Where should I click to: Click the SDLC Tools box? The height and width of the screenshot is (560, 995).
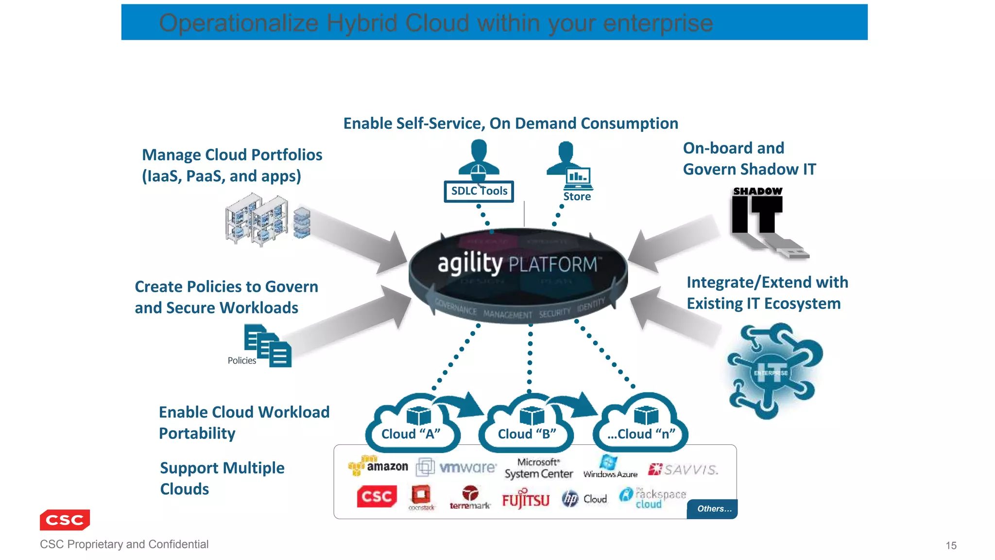click(479, 191)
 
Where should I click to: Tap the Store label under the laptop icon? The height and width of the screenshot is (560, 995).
click(577, 196)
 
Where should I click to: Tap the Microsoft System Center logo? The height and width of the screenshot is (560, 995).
click(538, 468)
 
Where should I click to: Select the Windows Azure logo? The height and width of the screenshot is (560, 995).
click(610, 467)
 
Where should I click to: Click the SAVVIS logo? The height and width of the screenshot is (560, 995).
click(683, 469)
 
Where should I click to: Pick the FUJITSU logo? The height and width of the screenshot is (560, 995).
click(525, 500)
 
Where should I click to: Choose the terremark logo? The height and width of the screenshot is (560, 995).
click(470, 498)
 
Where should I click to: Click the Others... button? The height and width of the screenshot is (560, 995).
click(713, 508)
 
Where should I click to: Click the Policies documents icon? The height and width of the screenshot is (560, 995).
click(268, 346)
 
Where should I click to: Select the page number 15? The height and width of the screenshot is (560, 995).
click(951, 545)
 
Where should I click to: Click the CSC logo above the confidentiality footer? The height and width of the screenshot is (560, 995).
click(65, 520)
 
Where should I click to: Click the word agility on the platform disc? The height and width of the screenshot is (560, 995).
click(470, 263)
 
